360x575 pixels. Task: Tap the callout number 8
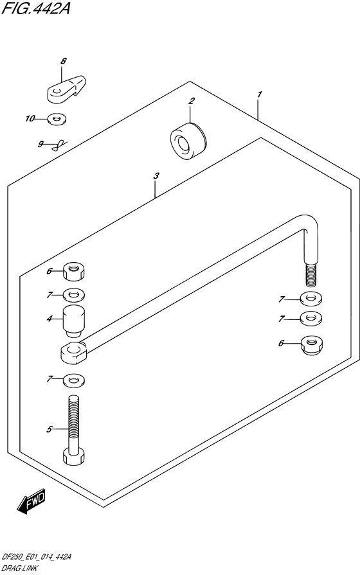pos(64,61)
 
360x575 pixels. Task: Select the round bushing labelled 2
pos(188,141)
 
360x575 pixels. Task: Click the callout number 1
pos(260,94)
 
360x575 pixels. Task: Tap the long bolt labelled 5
pos(74,430)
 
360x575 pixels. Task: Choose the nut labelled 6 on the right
pos(312,345)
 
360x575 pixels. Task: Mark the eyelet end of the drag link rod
pos(74,351)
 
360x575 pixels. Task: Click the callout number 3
pos(156,176)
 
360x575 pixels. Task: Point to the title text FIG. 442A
pos(35,8)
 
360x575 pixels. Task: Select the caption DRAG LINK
pos(19,569)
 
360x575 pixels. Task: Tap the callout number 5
pos(50,429)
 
